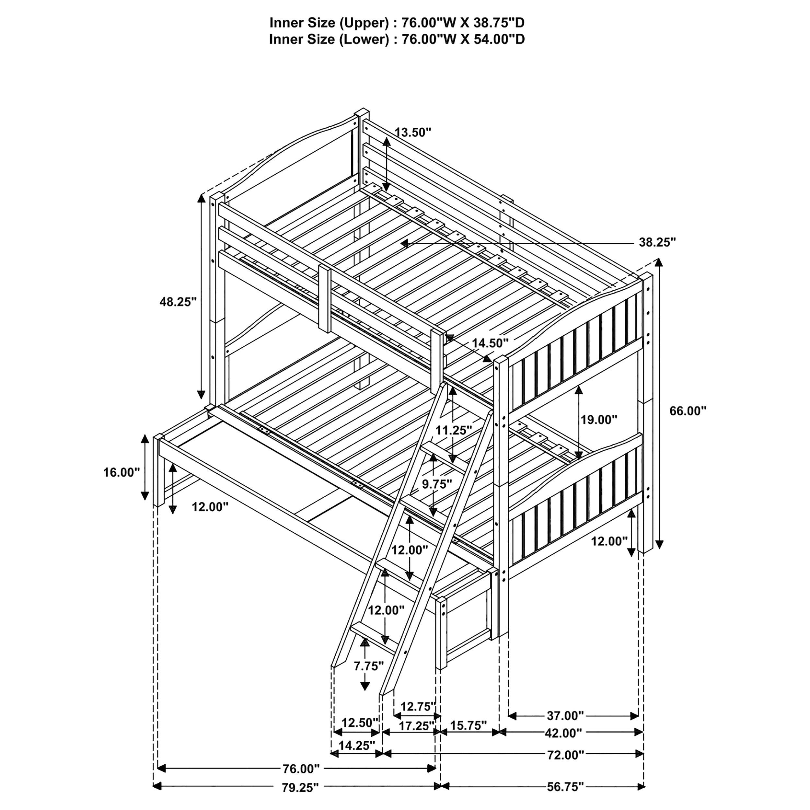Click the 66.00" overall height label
[688, 411]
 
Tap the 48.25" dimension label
[178, 302]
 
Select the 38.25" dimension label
[657, 242]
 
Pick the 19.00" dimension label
[599, 419]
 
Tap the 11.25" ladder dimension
[453, 430]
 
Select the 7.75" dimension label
[368, 666]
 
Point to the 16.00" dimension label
[121, 472]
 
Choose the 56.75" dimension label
[565, 799]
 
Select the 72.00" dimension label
[565, 767]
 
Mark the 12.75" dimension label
[418, 707]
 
